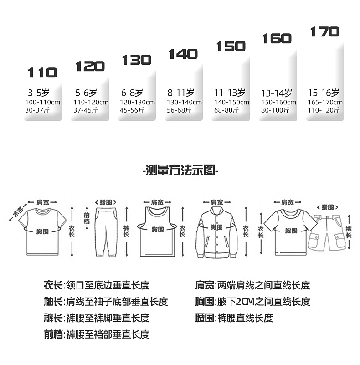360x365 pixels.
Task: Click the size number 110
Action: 42,73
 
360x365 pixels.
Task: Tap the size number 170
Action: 325,32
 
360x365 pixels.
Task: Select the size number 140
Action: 183,54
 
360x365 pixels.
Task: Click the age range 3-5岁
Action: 38,93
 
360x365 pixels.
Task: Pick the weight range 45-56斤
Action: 132,110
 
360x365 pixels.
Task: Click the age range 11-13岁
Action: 230,93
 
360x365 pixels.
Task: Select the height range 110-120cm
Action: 91,102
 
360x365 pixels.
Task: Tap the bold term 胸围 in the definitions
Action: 204,302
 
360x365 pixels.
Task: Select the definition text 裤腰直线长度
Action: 245,318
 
